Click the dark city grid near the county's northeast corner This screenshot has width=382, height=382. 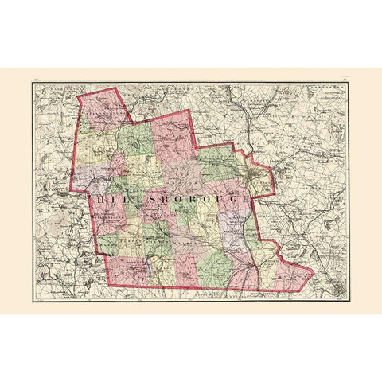(x=253, y=169)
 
